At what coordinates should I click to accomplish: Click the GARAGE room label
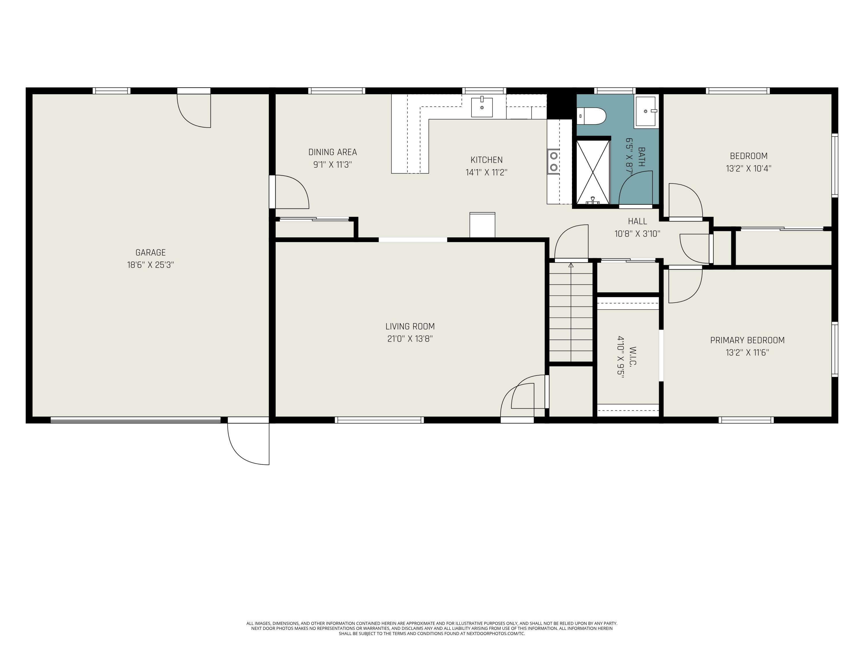[150, 252]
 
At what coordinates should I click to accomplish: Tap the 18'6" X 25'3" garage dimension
[150, 265]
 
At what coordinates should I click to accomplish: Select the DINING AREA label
[332, 152]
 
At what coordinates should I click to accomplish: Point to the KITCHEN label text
[486, 160]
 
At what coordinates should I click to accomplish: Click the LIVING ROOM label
[410, 326]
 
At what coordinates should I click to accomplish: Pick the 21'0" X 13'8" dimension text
[410, 339]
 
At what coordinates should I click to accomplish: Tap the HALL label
[637, 221]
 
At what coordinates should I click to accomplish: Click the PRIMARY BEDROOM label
[747, 340]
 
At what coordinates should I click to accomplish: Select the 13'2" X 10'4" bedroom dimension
[749, 168]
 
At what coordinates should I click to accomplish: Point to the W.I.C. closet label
[633, 356]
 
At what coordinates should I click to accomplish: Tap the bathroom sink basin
[646, 112]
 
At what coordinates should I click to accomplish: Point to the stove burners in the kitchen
[553, 161]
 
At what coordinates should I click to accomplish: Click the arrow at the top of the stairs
[571, 266]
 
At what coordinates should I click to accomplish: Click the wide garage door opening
[136, 420]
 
